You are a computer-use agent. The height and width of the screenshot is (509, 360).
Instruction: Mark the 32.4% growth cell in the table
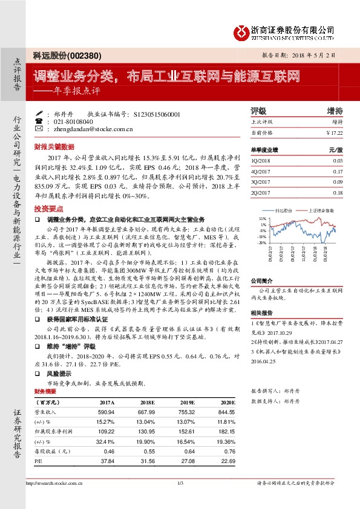pyautogui.click(x=105, y=441)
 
